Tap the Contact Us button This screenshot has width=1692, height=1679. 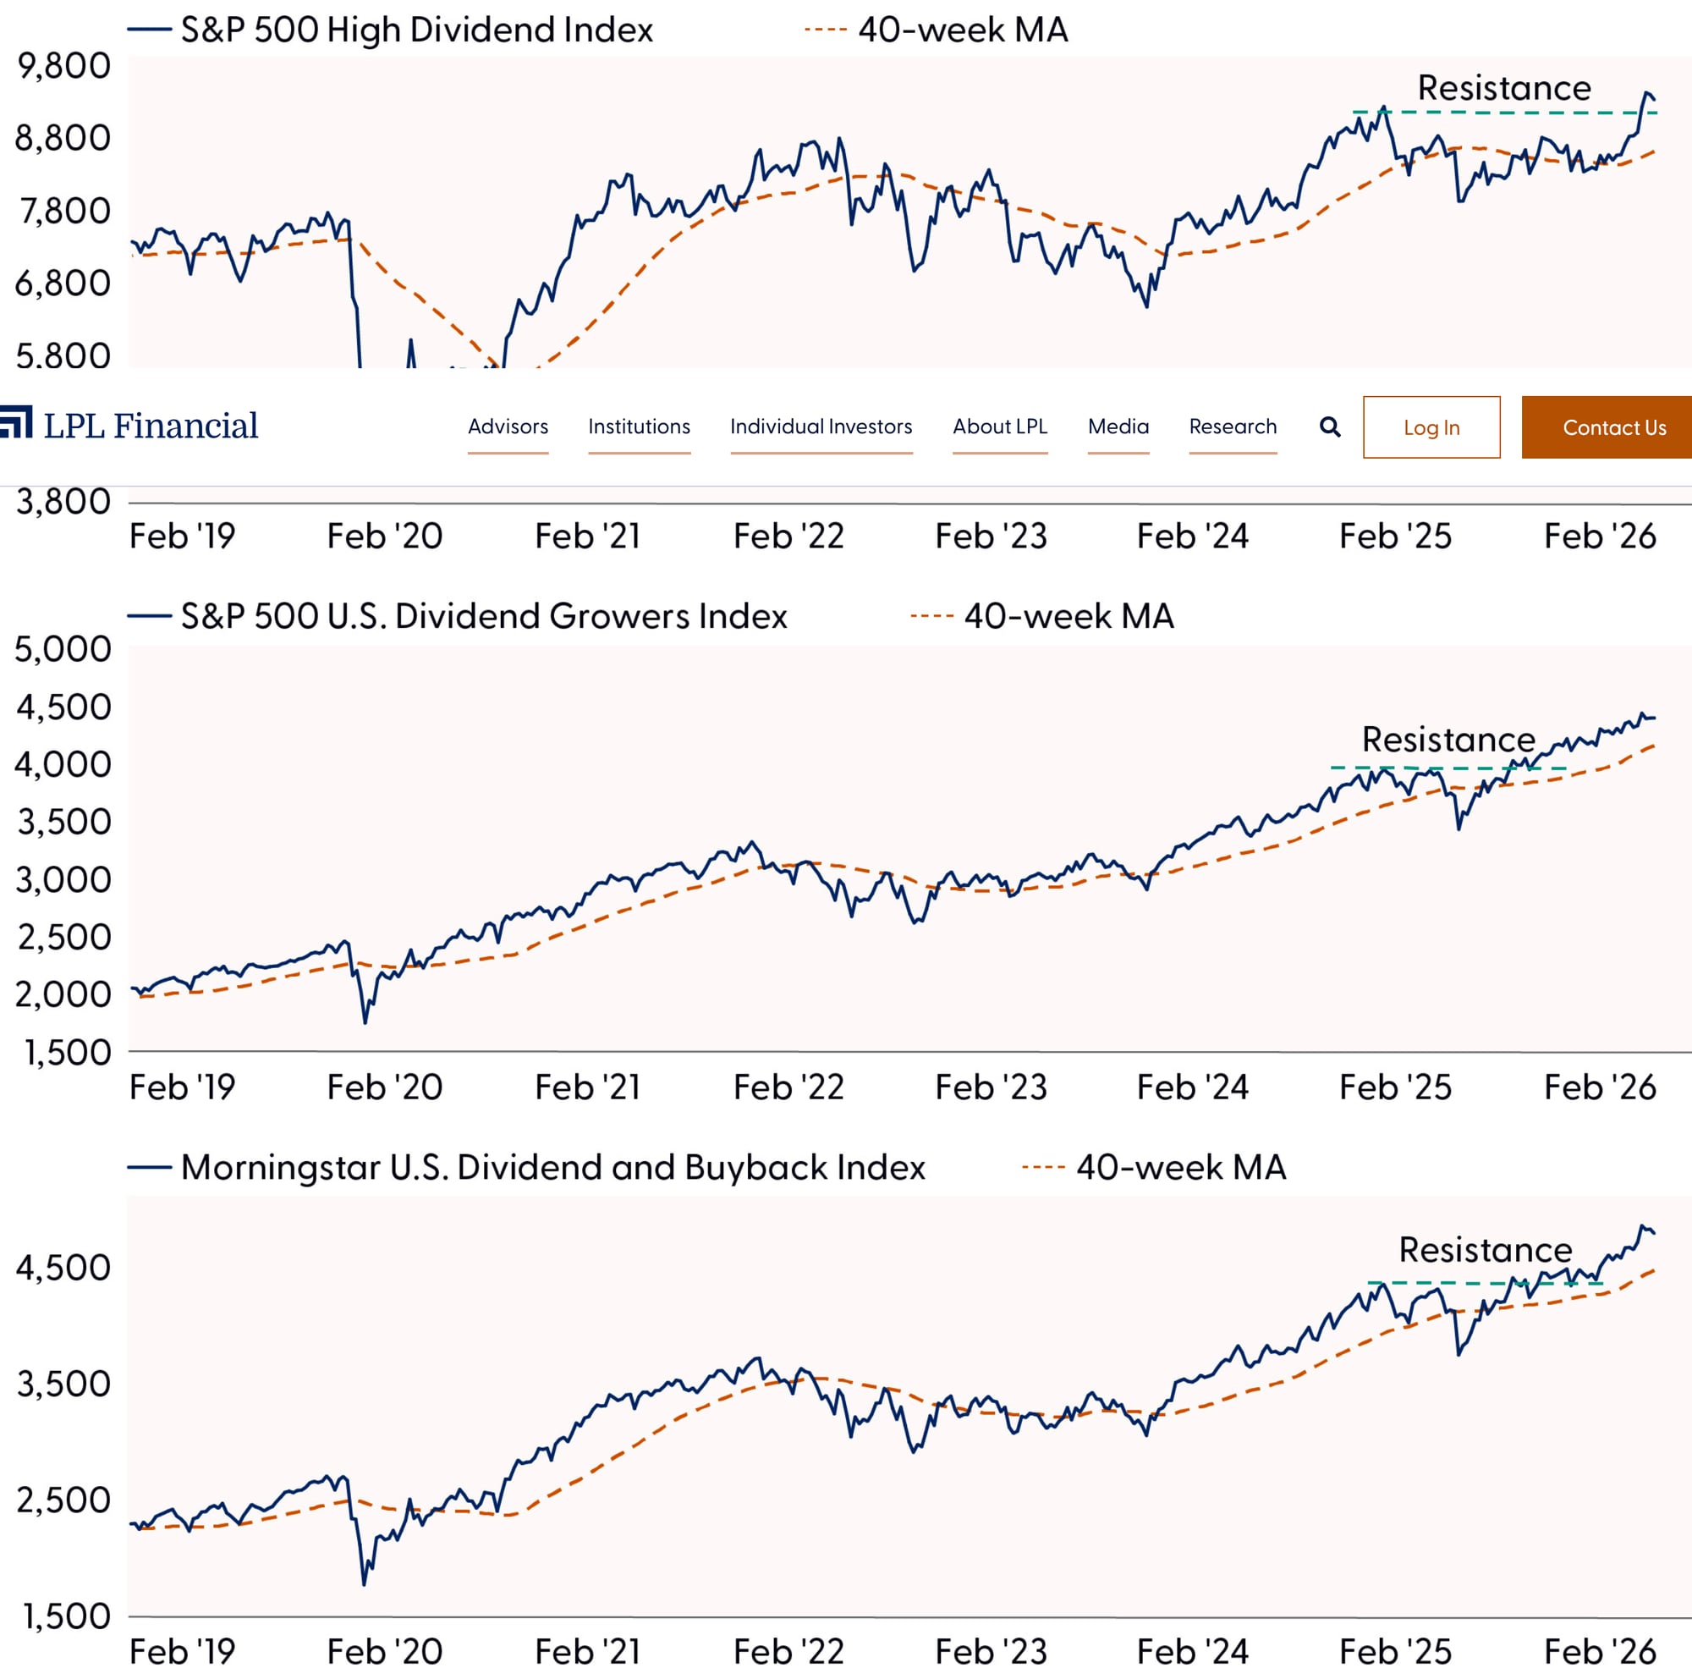(1613, 427)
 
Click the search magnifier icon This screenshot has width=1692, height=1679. (1329, 427)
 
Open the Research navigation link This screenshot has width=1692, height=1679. (1233, 427)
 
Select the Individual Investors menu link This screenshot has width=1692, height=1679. (821, 427)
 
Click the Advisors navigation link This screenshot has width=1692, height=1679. (508, 427)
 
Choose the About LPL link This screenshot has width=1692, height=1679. (999, 427)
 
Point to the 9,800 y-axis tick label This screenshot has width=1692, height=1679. (64, 67)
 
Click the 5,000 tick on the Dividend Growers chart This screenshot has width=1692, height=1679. (64, 649)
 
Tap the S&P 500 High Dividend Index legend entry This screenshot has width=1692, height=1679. (416, 30)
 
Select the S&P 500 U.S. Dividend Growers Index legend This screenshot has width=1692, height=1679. (482, 617)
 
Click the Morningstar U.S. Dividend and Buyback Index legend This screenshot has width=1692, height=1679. (552, 1168)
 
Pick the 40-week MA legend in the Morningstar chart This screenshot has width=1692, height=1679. (1179, 1168)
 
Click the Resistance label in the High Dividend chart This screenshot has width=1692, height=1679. (1503, 89)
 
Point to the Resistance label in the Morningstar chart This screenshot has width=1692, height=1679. (1485, 1250)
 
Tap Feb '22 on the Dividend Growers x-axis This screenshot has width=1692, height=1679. (788, 1087)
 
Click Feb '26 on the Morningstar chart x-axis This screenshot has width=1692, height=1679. (1599, 1652)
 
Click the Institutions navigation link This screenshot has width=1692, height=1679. (639, 427)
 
